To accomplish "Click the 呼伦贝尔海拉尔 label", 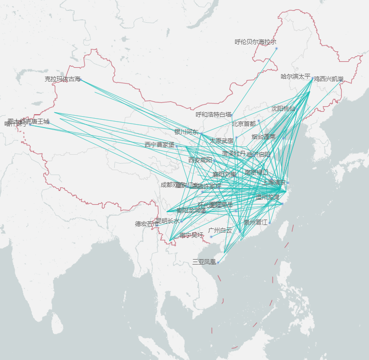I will tap(255, 42).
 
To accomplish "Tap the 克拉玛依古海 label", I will tap(62, 79).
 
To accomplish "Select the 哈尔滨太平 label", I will tap(295, 76).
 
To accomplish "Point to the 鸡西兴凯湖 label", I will tap(328, 79).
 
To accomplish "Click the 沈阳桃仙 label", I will tap(283, 108).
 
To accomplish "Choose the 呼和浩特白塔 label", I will tap(213, 115).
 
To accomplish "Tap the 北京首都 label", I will tap(244, 124).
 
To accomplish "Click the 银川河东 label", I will tap(186, 132).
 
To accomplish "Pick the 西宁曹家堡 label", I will tap(159, 145).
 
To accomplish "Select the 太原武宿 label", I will tap(221, 141).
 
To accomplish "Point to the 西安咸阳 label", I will tap(200, 160).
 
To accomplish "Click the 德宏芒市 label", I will tap(147, 224).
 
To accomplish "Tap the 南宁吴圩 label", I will tap(191, 235).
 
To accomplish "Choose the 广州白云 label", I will tap(220, 230).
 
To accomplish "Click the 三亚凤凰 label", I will tap(204, 262).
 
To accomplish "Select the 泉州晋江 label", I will tap(255, 223).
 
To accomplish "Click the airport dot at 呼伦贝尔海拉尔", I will tap(276, 48).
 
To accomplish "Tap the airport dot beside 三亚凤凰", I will tap(218, 263).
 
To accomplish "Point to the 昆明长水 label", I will tap(168, 221).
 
